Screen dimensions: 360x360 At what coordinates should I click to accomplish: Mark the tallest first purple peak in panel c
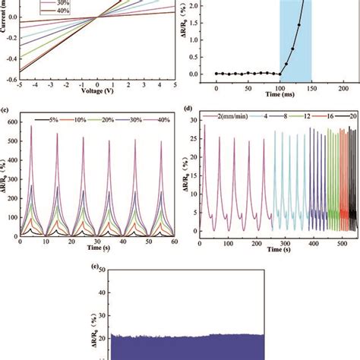32,126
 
